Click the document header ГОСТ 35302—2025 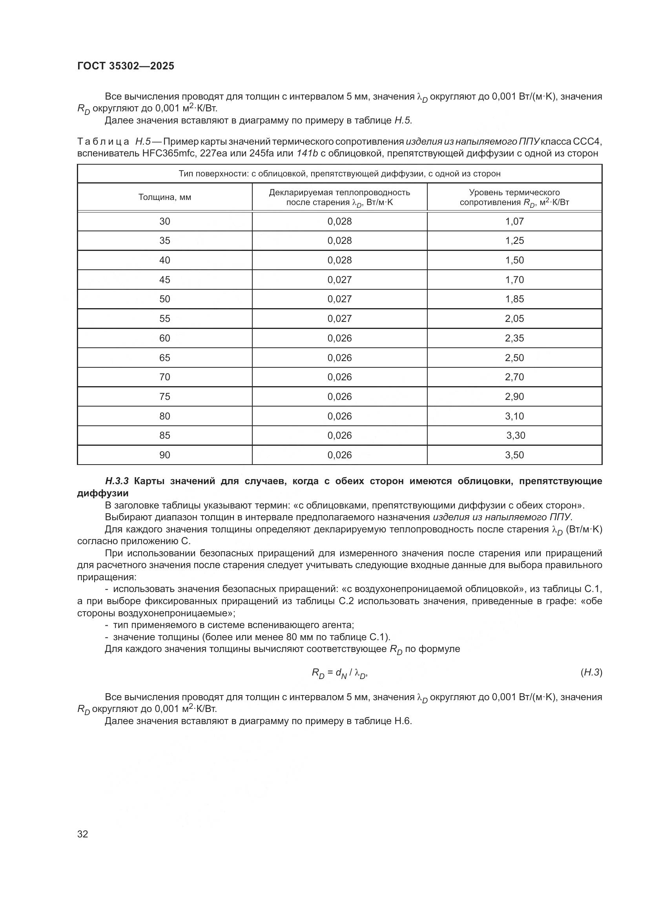[x=126, y=66]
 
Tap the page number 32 [x=82, y=833]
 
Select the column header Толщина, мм [x=165, y=197]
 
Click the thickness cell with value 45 [x=165, y=280]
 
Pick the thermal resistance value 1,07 [x=514, y=221]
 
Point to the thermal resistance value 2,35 [x=514, y=338]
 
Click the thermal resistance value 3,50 [x=514, y=455]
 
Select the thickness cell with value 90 [x=165, y=455]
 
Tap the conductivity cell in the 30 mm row [x=339, y=221]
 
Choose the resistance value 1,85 [x=514, y=299]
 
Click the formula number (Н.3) [x=591, y=673]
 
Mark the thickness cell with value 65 [x=165, y=358]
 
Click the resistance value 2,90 [x=514, y=397]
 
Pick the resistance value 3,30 [x=516, y=435]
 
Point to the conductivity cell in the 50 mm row [x=339, y=299]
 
